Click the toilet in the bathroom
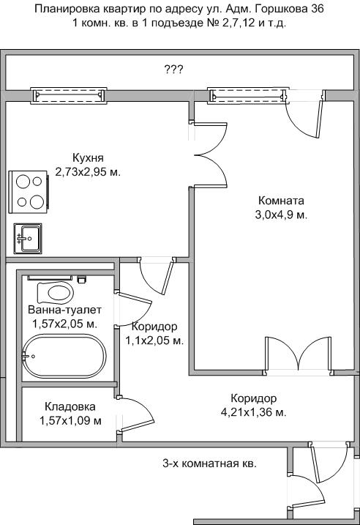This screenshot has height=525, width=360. pos(56,292)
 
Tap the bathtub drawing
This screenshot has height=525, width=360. pos(64,356)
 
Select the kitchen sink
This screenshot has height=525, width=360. pos(28,239)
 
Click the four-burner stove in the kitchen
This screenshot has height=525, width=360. pos(29,191)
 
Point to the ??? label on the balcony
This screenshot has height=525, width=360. pos(173,70)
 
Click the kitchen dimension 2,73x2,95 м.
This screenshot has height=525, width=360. pos(88,172)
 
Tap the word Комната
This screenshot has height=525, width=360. pos(281,201)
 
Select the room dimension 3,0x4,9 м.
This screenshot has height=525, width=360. pos(281,215)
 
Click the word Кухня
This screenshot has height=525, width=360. pos(88,157)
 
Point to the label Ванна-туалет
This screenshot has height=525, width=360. pos(64,310)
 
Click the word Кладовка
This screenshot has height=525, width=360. pos(70,406)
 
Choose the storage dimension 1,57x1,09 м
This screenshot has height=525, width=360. pos(70,420)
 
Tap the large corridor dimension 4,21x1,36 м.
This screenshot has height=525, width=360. pos(254,412)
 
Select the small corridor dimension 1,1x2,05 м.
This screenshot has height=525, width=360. pos(154,341)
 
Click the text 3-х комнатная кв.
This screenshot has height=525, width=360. pos(210,463)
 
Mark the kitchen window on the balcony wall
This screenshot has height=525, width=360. pos(68,95)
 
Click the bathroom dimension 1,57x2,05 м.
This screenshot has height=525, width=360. pos(64,324)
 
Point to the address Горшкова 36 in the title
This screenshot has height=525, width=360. pos(289,9)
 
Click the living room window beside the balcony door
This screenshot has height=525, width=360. pos(247,95)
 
